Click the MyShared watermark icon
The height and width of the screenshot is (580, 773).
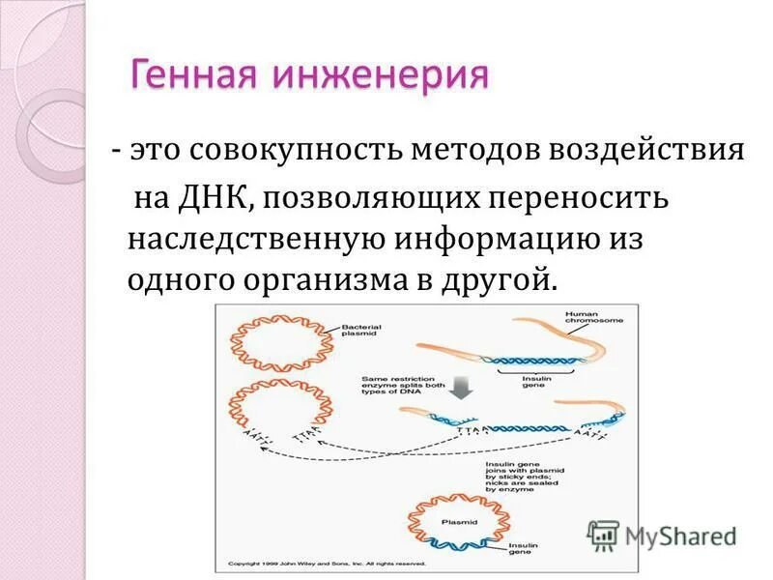pyautogui.click(x=603, y=535)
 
